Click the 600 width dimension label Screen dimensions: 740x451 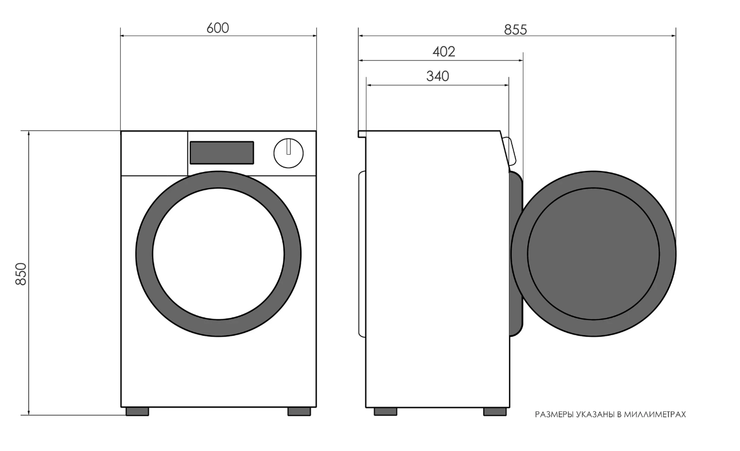pos(218,28)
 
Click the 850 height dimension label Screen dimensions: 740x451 pos(21,273)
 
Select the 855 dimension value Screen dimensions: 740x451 pos(516,30)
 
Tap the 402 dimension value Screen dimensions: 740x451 pos(444,52)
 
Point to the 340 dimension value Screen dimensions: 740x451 pos(438,76)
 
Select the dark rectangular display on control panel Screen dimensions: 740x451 pos(222,153)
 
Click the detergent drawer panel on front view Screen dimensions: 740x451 pos(154,154)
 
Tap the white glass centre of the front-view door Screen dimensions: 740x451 pos(218,253)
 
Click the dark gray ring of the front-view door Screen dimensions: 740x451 pos(144,253)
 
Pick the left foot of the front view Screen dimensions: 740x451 pos(137,411)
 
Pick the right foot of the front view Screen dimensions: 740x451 pos(299,411)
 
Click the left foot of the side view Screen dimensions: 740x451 pos(385,411)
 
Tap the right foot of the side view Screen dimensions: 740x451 pos(495,411)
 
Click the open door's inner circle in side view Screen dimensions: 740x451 pos(593,254)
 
